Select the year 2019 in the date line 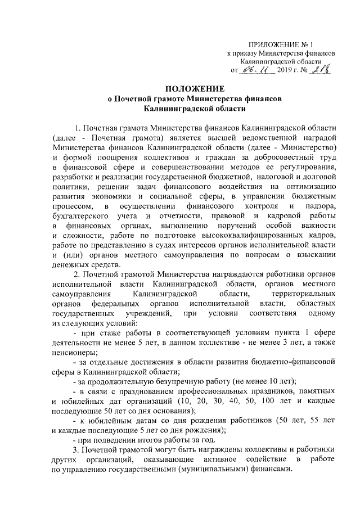pyautogui.click(x=286, y=71)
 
